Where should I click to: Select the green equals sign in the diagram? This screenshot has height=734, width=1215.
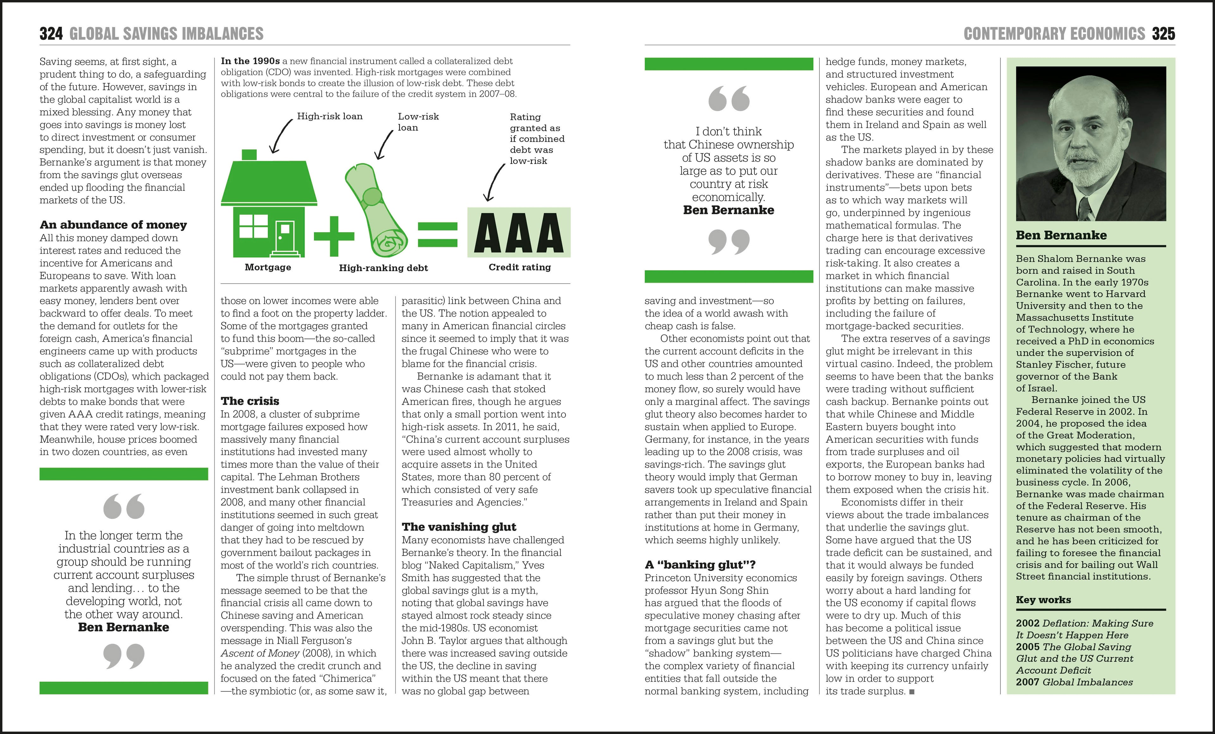click(437, 235)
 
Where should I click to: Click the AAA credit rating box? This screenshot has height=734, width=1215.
click(519, 233)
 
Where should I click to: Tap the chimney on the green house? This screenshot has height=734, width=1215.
click(250, 154)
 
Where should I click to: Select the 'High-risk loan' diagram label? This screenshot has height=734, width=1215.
click(329, 116)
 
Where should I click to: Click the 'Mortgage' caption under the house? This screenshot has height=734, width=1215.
click(268, 267)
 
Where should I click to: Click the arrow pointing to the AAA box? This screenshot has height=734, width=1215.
click(494, 182)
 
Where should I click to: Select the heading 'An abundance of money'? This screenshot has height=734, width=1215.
click(113, 225)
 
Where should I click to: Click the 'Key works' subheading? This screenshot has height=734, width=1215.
click(1043, 600)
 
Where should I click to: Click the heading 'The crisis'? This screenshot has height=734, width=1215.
click(250, 401)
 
